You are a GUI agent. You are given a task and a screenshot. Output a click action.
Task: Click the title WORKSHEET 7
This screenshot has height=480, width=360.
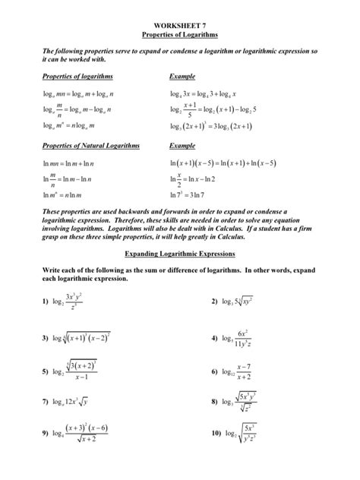[x=180, y=25]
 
